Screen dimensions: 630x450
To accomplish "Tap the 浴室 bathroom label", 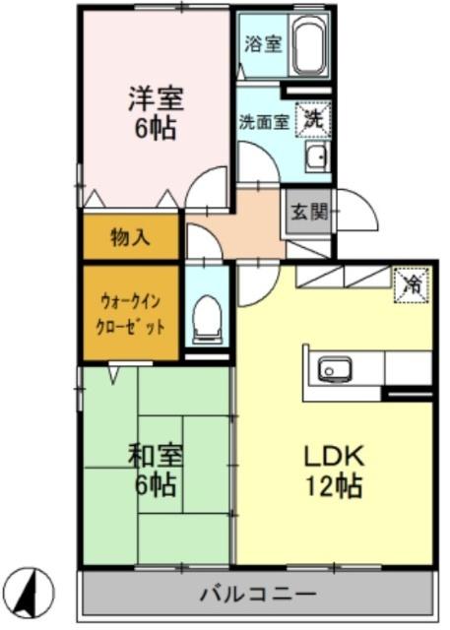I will [x=263, y=43].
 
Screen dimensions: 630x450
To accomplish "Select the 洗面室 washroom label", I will [x=264, y=122].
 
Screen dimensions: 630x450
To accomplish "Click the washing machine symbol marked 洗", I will [x=314, y=120].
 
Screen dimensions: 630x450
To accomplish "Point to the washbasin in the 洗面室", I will [x=317, y=157].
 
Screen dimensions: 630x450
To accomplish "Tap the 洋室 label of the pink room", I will [x=157, y=98].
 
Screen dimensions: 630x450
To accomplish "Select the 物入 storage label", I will [x=131, y=237].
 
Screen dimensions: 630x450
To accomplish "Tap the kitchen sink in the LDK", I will [x=334, y=370].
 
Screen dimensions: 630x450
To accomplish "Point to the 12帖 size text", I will [x=334, y=486].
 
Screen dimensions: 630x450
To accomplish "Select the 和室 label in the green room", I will [x=156, y=455].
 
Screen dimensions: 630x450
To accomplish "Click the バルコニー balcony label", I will [x=257, y=595].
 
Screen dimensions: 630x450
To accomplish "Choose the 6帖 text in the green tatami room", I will [x=156, y=485].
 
